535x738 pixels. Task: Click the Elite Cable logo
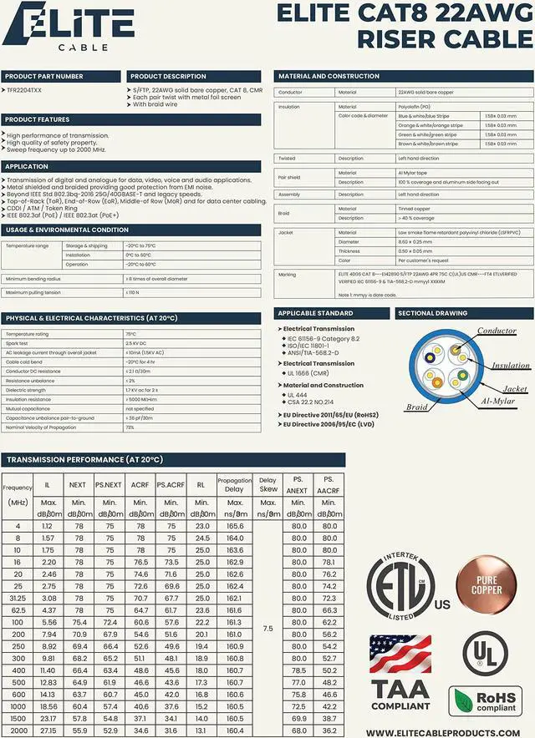(57, 24)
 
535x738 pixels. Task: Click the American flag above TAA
(400, 654)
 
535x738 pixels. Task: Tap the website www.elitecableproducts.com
(449, 732)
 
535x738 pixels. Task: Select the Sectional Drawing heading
(432, 313)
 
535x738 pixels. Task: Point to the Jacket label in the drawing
(515, 389)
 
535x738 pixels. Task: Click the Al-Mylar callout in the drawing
(500, 402)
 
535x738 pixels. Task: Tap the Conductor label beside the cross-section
(497, 331)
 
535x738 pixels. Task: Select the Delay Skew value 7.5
(267, 628)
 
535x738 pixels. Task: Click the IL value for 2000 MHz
(47, 730)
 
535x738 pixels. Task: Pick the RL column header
(201, 483)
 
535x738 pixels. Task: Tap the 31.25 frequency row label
(17, 598)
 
